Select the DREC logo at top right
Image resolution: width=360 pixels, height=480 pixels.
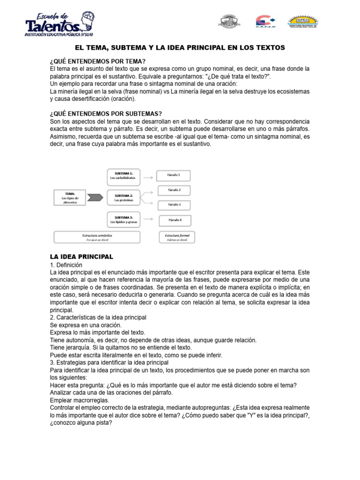coord(305,22)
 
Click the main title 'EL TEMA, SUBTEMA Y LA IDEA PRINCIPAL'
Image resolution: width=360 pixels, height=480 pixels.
coord(180,48)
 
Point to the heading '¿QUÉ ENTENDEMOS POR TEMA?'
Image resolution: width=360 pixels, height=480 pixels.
coord(97,61)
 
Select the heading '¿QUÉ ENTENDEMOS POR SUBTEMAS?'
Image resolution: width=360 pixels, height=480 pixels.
coord(105,113)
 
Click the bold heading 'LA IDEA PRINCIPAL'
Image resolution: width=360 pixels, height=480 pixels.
coord(82,256)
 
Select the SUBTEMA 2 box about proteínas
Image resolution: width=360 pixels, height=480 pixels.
coord(124,198)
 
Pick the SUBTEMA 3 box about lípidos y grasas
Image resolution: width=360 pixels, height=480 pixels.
coord(124,219)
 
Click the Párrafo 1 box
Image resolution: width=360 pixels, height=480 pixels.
coord(174,176)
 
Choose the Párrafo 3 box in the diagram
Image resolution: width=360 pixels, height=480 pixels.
coord(174,205)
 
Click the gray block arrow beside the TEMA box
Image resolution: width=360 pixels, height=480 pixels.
coord(95,197)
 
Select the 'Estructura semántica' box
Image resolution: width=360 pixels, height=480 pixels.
coord(97,237)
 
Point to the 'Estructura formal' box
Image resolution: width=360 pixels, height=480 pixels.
coord(177,237)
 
